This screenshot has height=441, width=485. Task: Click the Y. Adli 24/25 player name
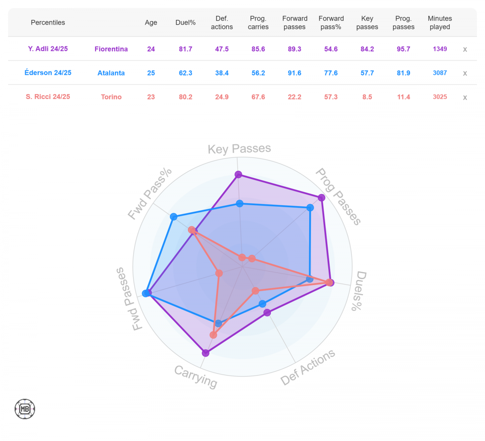48,49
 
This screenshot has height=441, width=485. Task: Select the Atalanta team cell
111,73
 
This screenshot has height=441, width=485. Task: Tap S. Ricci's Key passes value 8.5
367,97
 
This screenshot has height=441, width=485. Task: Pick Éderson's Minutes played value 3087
440,73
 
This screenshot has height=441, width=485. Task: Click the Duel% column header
186,23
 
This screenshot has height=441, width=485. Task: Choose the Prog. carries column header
258,23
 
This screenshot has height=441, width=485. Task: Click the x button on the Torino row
465,97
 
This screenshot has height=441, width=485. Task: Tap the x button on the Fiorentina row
465,49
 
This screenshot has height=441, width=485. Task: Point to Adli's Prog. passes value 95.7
403,49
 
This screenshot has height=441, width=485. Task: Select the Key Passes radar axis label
239,149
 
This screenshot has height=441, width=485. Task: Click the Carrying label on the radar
196,376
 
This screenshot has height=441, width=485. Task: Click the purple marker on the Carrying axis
205,353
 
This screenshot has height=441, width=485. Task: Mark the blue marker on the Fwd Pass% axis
174,216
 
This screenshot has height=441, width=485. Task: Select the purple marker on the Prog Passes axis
321,197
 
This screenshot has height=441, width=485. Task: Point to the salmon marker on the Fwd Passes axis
219,273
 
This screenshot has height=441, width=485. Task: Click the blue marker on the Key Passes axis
240,204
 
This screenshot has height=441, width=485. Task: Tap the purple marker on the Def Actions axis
267,313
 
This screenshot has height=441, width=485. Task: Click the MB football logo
25,409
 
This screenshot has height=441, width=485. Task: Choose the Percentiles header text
48,23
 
